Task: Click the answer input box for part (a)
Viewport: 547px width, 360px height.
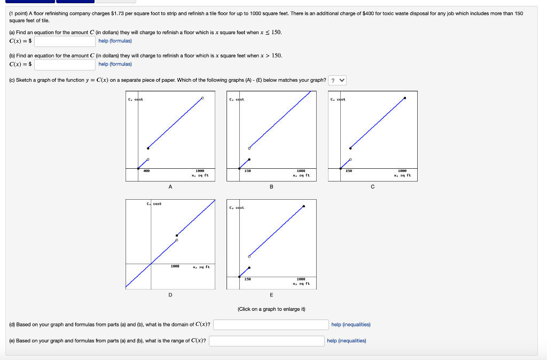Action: (x=65, y=41)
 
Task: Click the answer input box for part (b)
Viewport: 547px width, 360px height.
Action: (x=65, y=65)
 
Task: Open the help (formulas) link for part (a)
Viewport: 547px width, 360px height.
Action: (x=115, y=41)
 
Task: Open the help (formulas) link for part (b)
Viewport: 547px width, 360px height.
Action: (x=115, y=65)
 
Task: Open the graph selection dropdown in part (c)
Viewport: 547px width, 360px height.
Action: (x=338, y=81)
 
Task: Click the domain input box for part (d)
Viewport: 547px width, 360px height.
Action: (x=270, y=325)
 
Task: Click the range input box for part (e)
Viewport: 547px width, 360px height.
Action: (x=266, y=341)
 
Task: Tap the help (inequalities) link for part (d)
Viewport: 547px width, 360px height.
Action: (x=350, y=325)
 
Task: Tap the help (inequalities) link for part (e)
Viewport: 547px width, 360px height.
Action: (x=346, y=341)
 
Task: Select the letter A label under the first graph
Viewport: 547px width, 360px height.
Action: (x=170, y=187)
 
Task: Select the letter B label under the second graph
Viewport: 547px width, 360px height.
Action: (x=271, y=187)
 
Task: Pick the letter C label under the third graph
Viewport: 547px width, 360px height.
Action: (x=372, y=187)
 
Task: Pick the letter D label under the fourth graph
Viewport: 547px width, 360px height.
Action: (x=170, y=294)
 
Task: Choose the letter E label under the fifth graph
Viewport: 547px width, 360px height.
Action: (x=271, y=294)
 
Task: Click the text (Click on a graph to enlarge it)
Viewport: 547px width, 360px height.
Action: (x=271, y=309)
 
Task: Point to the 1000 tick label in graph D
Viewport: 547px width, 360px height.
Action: (x=175, y=266)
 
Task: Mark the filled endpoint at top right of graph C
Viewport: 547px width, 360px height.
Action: (x=404, y=98)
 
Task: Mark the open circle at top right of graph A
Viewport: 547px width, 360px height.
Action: (x=202, y=98)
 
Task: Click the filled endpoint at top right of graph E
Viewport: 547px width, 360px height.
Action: (x=303, y=206)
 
